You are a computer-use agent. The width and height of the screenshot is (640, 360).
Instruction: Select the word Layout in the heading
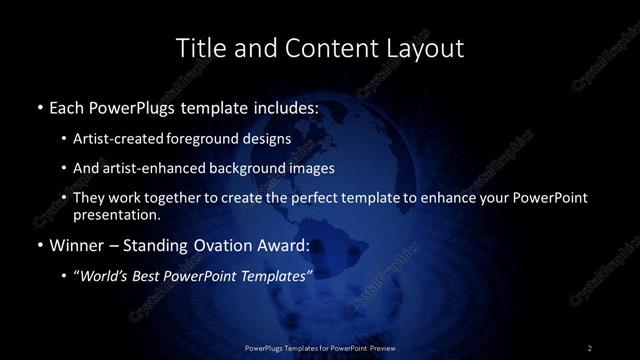pyautogui.click(x=422, y=47)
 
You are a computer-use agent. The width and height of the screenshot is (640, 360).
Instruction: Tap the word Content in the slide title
pyautogui.click(x=317, y=47)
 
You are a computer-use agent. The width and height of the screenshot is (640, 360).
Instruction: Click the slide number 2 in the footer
pyautogui.click(x=590, y=347)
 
